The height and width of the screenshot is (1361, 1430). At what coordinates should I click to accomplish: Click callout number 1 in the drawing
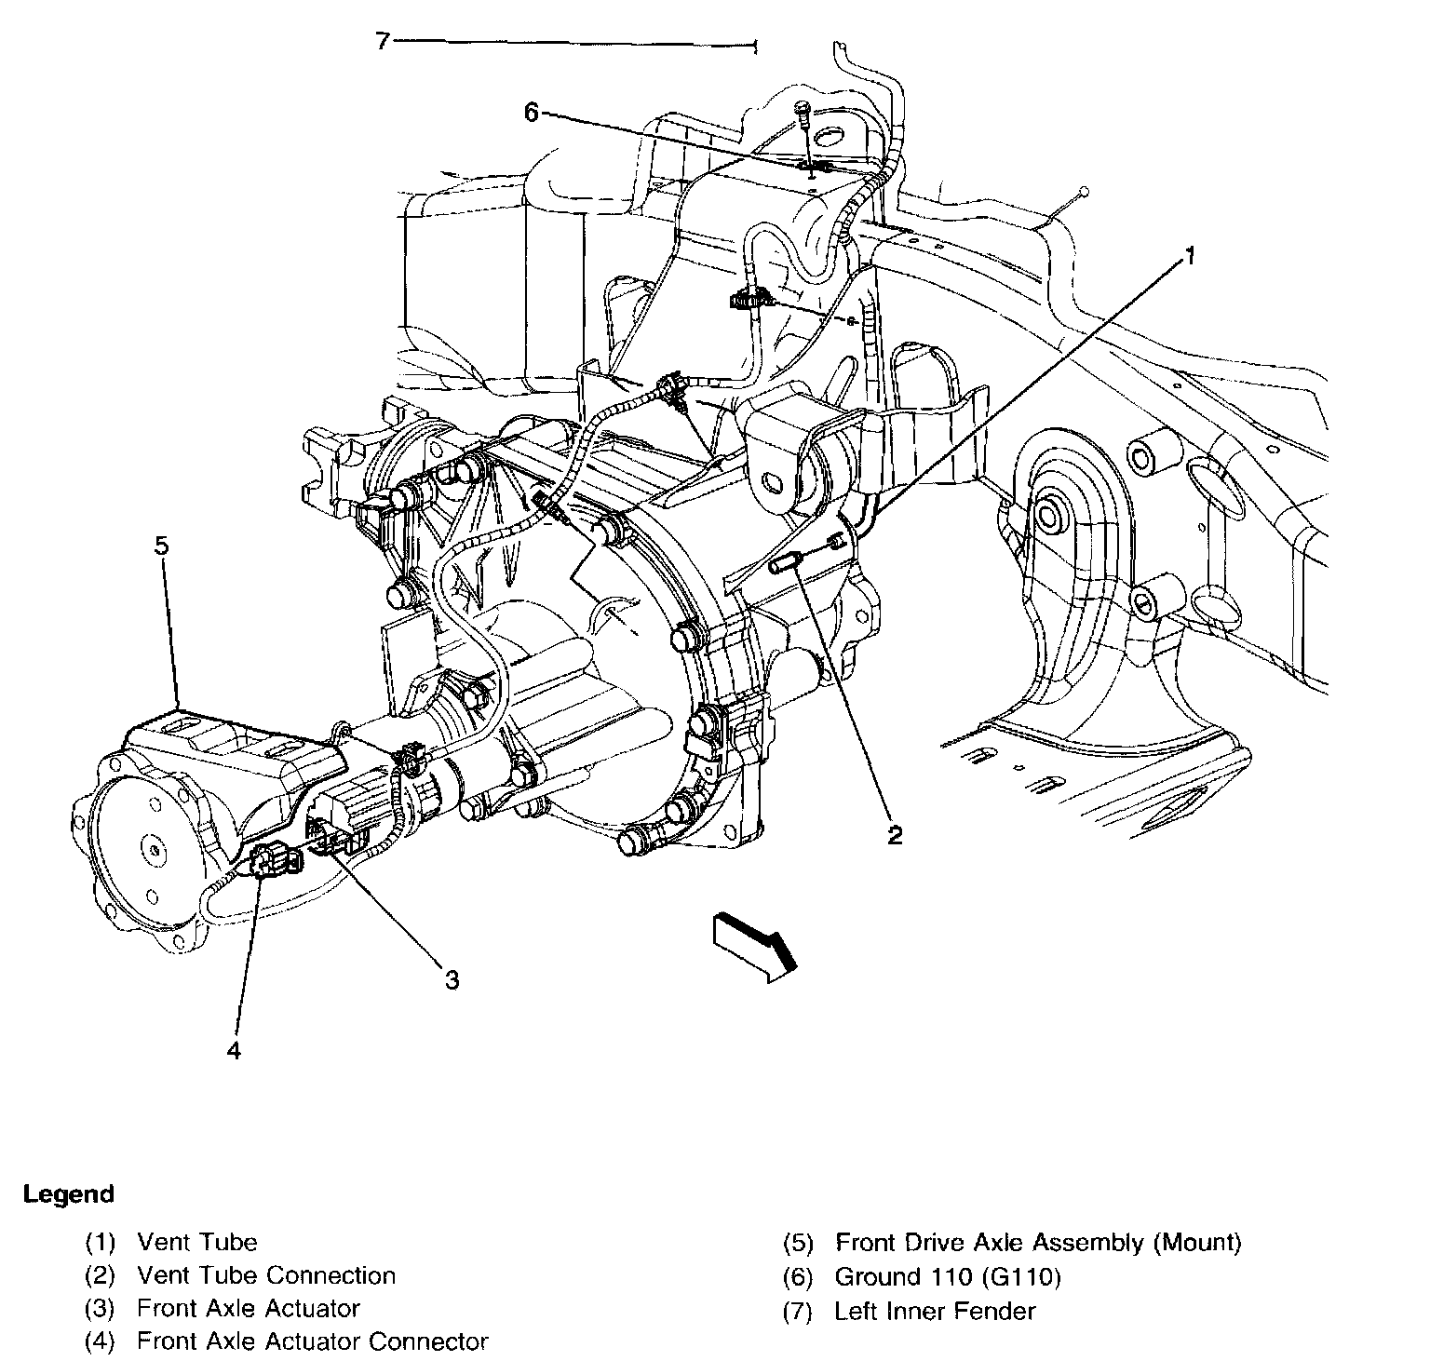1189,256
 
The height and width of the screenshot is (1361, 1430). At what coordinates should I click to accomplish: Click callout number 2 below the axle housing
894,834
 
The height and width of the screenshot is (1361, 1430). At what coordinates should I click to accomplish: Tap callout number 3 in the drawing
452,979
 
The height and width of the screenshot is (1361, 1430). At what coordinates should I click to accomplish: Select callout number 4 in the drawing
233,1050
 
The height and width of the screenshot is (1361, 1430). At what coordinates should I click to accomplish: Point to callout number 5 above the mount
161,545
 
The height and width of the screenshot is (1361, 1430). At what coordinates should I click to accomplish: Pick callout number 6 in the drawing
531,113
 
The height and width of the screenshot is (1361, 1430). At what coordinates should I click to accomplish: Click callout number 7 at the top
382,42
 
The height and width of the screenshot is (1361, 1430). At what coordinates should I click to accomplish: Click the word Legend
69,1193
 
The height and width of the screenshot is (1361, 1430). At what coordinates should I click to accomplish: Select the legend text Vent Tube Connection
266,1275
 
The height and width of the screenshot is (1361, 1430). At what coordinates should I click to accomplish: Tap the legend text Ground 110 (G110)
948,1277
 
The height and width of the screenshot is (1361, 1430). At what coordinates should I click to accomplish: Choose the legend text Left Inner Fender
935,1311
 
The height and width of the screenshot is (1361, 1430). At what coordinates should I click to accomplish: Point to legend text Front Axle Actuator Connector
312,1341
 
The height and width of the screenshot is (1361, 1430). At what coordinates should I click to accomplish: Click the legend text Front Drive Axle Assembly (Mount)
1038,1242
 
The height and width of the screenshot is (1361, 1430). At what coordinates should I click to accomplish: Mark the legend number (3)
100,1309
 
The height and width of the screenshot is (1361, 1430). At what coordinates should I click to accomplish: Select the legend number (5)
798,1243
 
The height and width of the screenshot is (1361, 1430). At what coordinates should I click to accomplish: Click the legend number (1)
100,1242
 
